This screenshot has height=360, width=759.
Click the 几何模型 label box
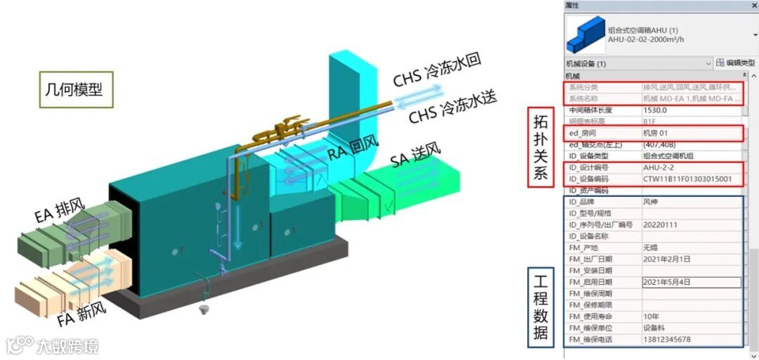click(x=74, y=89)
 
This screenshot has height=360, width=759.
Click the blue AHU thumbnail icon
click(x=585, y=36)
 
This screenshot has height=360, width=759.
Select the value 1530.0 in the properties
click(x=655, y=110)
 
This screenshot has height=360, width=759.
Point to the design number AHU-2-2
click(x=661, y=167)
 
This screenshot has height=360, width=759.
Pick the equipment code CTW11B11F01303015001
click(x=687, y=179)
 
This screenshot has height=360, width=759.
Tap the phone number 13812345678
click(x=666, y=340)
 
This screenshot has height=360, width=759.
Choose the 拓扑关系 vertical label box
click(x=540, y=146)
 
